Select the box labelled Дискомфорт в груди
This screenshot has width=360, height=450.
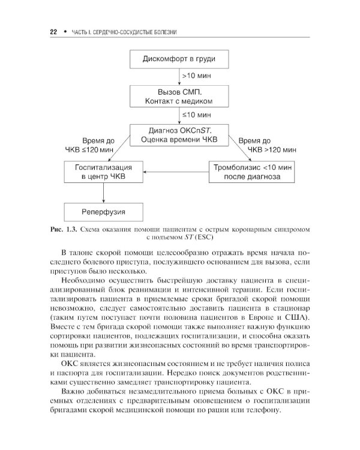click(179, 59)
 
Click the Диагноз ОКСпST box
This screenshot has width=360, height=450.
click(179, 134)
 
